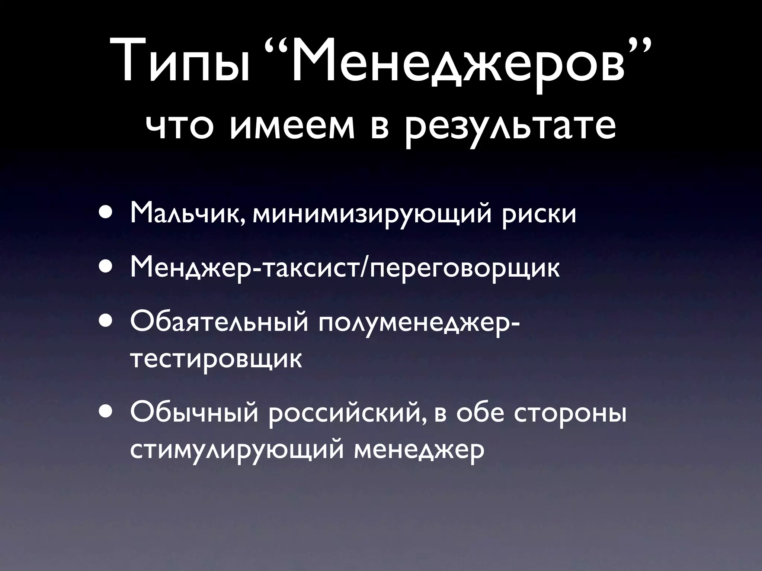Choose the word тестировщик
(x=216, y=359)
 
